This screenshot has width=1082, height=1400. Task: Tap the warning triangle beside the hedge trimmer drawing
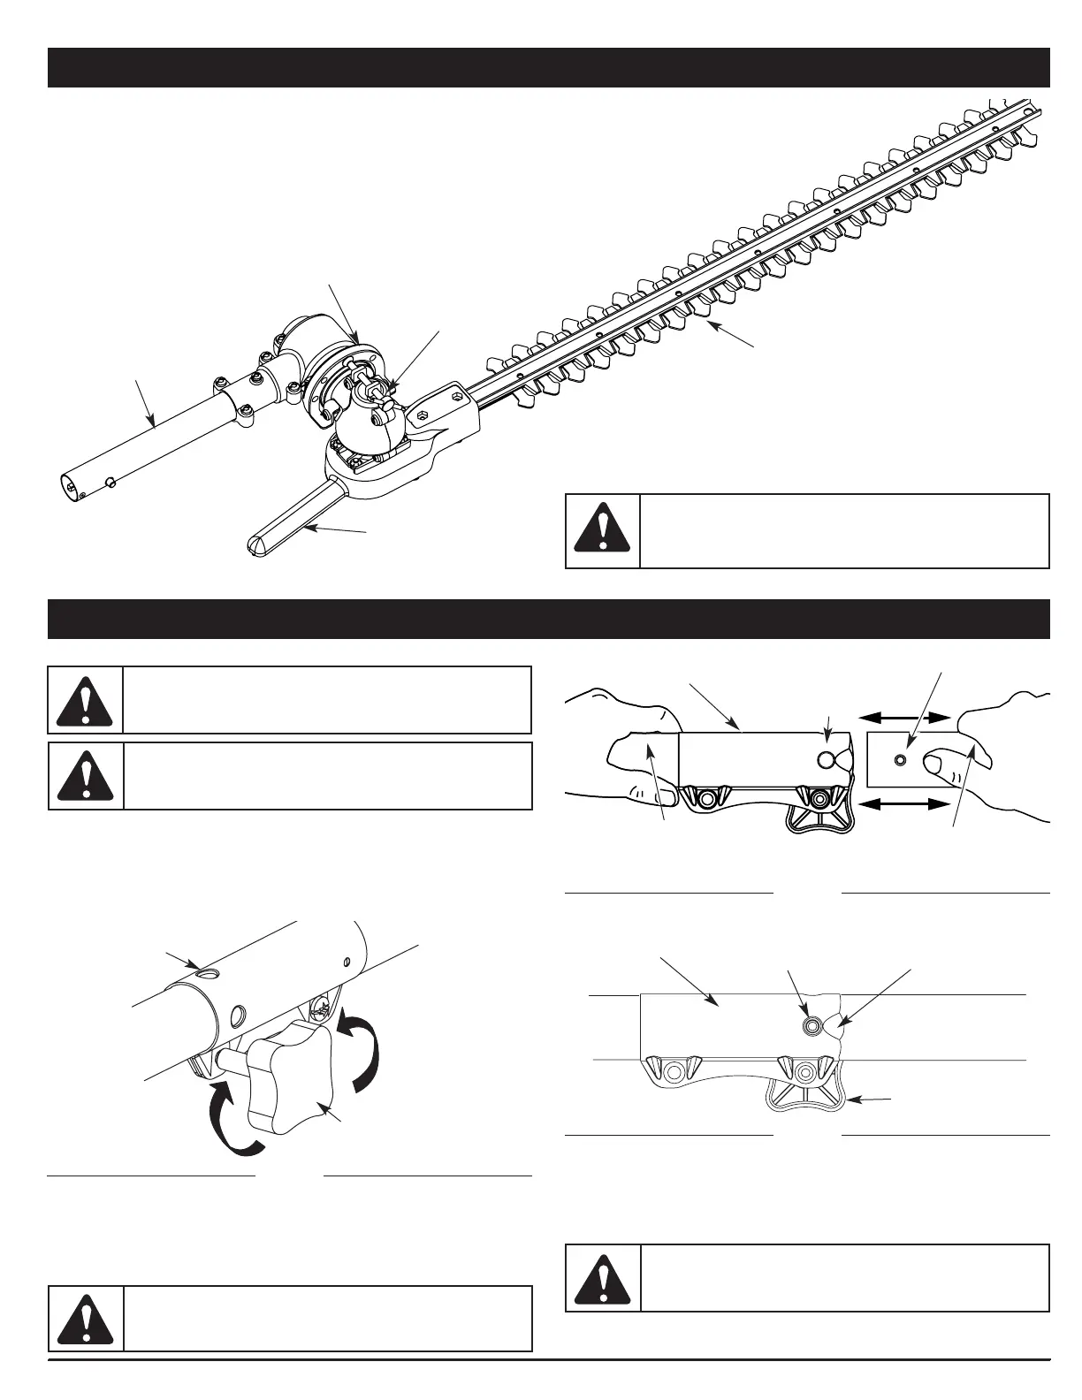coord(602,530)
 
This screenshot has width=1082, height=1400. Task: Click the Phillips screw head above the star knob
coord(322,1005)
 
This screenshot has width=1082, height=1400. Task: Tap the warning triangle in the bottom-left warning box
coord(86,1320)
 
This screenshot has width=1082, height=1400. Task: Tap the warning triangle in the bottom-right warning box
coord(602,1279)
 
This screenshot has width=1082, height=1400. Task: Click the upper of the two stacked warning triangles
coord(86,701)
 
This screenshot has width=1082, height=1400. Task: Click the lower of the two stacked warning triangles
coord(86,775)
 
